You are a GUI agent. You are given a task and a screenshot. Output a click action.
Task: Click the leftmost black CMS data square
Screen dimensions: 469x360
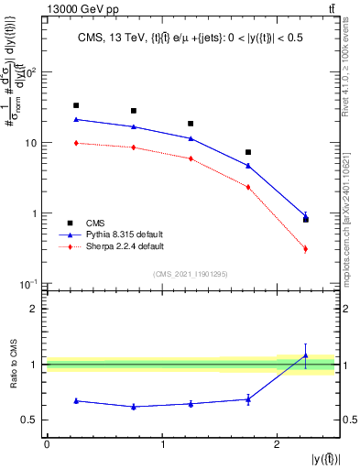point(76,105)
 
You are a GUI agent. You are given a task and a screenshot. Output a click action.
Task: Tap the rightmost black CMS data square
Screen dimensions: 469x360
point(306,220)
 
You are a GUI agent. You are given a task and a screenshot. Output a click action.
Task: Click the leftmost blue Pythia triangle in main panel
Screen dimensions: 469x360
point(76,119)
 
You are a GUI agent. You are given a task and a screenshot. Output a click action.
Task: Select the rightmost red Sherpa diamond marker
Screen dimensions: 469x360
point(306,248)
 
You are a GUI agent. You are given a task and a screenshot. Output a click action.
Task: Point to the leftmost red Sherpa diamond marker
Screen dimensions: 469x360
point(76,143)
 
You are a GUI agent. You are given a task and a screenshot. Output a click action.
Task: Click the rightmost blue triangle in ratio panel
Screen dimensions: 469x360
point(306,355)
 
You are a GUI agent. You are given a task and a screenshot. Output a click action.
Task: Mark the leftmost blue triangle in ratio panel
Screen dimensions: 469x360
point(76,400)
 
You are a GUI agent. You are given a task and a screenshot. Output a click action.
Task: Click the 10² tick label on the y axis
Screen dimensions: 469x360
point(32,72)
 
